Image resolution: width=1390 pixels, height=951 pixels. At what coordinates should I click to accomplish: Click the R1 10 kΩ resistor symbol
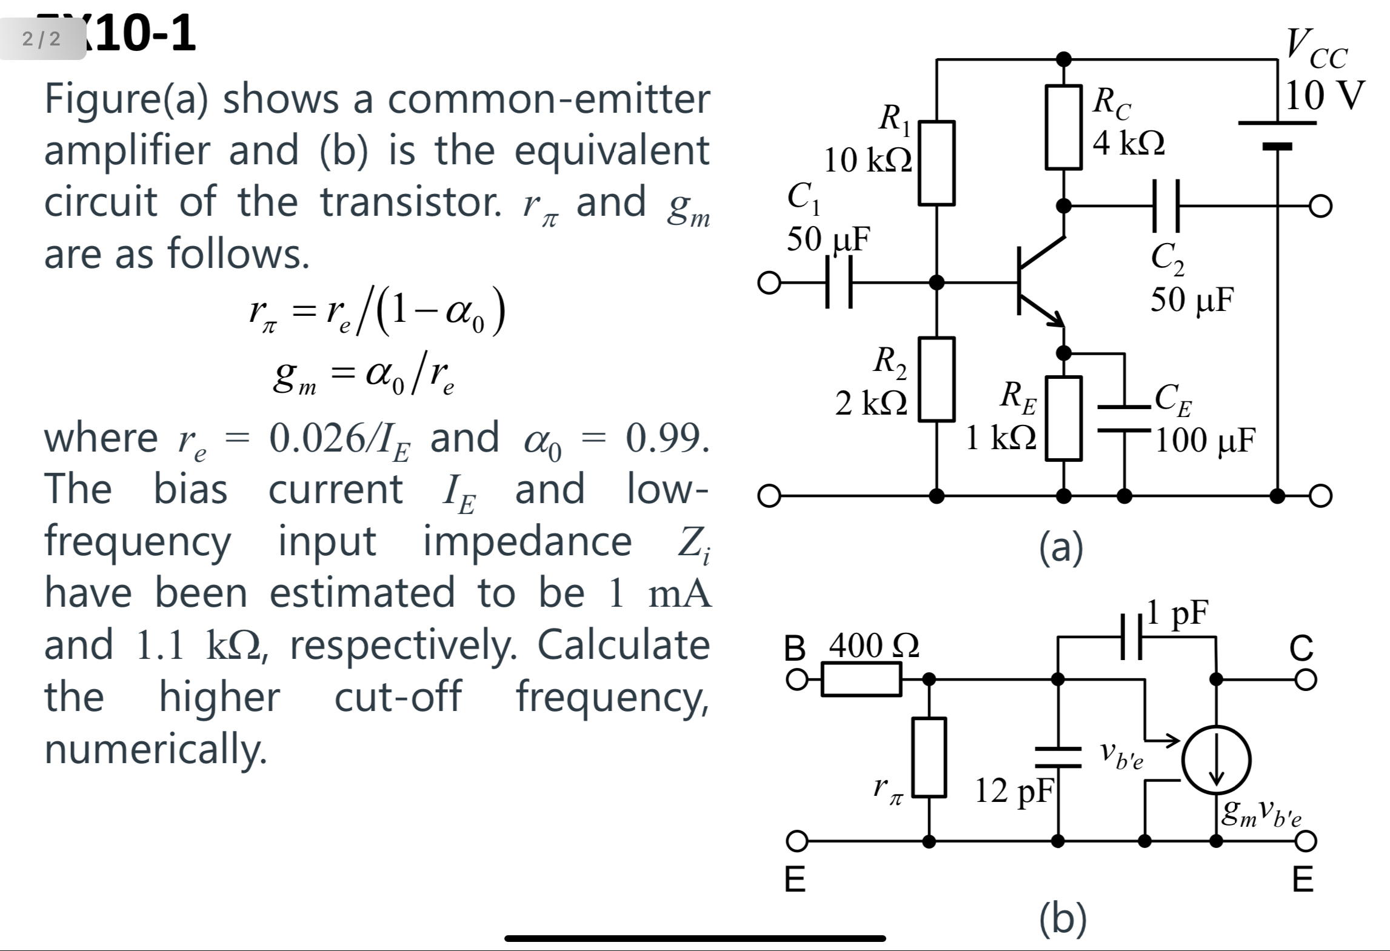[937, 163]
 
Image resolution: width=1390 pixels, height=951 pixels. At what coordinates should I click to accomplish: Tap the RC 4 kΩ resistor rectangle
[1064, 127]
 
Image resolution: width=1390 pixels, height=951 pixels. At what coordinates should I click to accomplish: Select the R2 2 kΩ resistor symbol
[937, 379]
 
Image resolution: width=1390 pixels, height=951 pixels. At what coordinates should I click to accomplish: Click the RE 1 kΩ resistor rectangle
[1064, 418]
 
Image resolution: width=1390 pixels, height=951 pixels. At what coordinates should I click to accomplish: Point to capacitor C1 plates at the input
[839, 282]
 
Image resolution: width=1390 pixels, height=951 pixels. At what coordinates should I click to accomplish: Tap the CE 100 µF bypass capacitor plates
[1125, 418]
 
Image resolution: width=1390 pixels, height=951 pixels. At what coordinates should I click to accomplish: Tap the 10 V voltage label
[1325, 96]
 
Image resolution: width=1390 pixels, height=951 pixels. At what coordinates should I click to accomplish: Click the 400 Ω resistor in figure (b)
[861, 679]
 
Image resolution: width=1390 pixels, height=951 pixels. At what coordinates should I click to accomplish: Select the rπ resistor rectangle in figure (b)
[929, 757]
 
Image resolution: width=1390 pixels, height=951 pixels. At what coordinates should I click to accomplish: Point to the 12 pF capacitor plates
[1058, 757]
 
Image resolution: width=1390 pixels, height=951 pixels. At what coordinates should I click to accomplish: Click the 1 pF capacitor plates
[1131, 637]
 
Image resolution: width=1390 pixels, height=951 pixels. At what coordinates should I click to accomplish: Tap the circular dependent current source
[1216, 759]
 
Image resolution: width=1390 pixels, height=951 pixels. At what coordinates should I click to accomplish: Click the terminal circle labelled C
[1306, 679]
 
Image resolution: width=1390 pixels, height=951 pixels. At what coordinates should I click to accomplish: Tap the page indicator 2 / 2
[42, 39]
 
